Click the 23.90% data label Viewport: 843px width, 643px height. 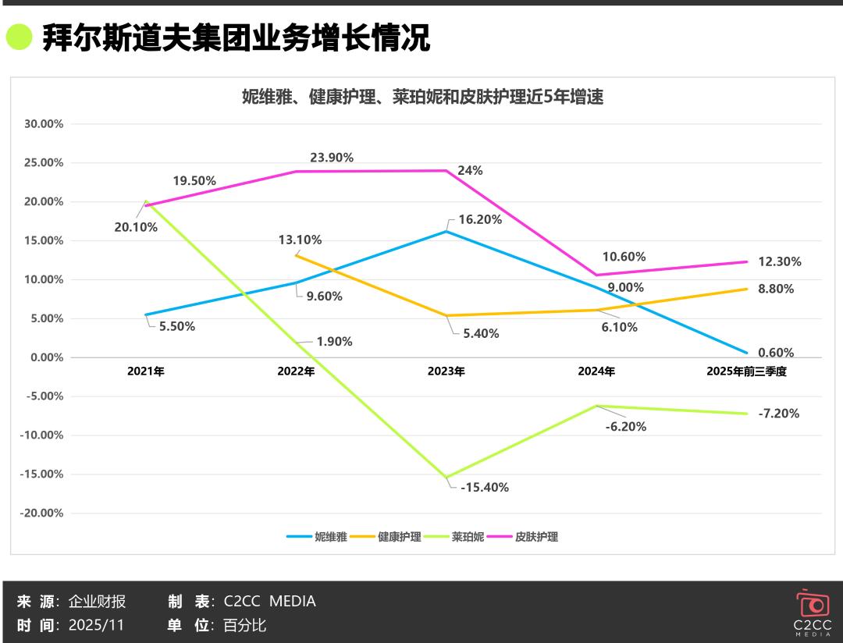point(332,158)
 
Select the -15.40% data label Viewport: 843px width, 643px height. point(485,488)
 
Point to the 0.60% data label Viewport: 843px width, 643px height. point(776,353)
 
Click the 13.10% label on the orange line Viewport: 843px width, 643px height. point(300,240)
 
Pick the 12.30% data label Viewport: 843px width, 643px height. point(779,262)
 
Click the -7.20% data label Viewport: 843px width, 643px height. point(778,414)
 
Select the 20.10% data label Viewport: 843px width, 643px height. point(136,228)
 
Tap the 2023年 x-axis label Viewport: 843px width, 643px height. point(446,372)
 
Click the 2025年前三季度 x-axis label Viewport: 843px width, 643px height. point(746,372)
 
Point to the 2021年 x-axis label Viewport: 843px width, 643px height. point(146,372)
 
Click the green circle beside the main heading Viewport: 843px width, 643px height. point(19,37)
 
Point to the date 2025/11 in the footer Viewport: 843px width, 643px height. point(96,625)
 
